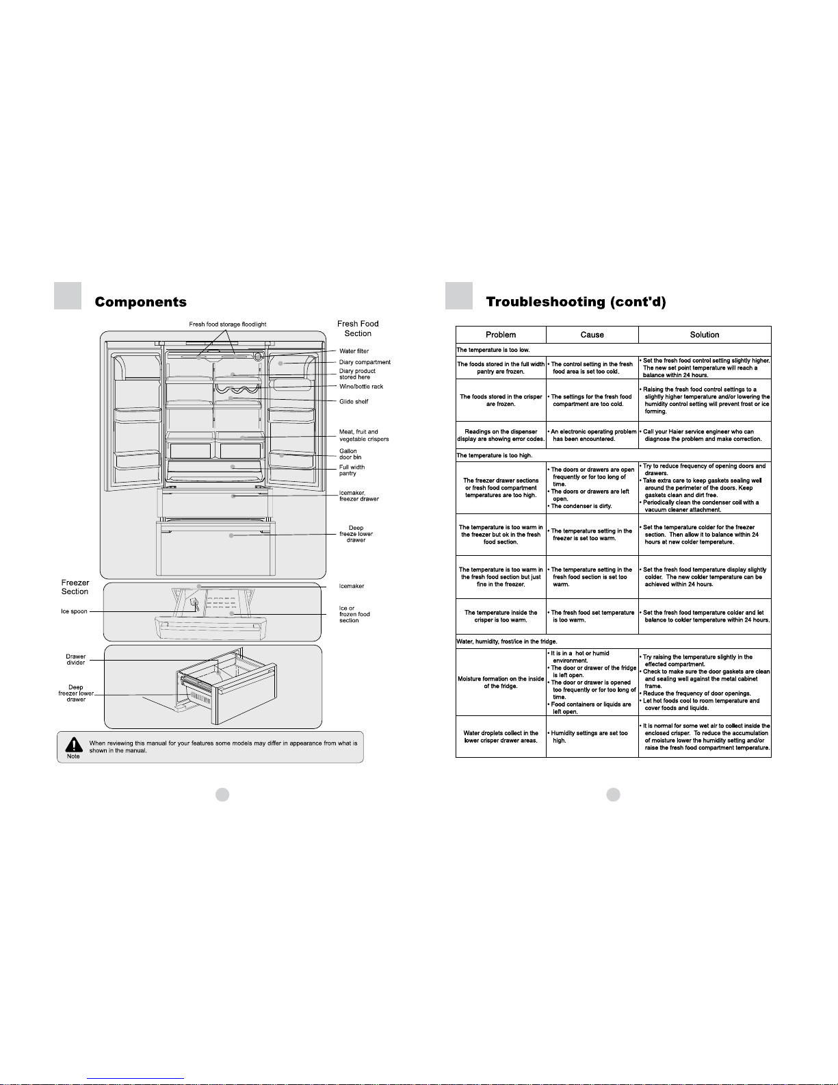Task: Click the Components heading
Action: [140, 302]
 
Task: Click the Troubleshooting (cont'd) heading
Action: [575, 302]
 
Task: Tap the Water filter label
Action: [354, 351]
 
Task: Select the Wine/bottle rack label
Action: [361, 387]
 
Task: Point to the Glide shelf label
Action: [354, 402]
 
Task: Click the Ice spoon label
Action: [74, 611]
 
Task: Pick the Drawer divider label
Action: [76, 659]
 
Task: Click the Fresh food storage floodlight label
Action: [228, 324]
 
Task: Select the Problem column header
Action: [501, 335]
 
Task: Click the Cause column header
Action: [592, 335]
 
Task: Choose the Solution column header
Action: [705, 335]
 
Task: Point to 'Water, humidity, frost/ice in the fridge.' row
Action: [507, 641]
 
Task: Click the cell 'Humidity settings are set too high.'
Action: [589, 737]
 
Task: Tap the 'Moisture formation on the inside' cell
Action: [501, 682]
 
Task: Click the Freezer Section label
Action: [75, 587]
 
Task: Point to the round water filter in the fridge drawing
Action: [258, 356]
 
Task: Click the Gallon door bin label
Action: [350, 454]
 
